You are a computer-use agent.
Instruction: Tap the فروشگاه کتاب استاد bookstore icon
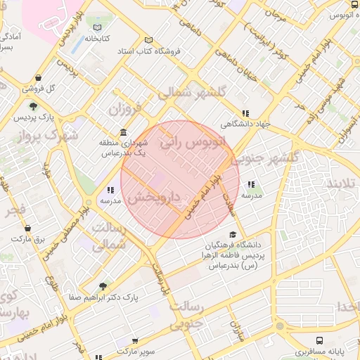click(148, 40)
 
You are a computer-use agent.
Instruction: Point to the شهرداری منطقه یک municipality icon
click(124, 133)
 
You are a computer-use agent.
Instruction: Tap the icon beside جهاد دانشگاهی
click(245, 113)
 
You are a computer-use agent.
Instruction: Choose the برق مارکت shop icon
click(27, 229)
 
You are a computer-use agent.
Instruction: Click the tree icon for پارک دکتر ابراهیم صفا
click(103, 286)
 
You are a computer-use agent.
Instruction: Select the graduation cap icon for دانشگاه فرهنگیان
click(233, 236)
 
